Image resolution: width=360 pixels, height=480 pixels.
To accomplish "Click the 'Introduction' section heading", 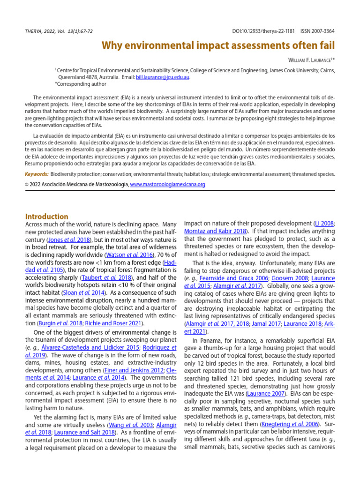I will click(x=46, y=217).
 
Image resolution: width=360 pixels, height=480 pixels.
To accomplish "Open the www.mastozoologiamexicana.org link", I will click(x=167, y=185).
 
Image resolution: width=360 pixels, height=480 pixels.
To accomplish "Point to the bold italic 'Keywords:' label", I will click(x=37, y=174).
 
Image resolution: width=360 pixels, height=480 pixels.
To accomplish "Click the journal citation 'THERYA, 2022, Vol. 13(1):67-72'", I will click(x=59, y=31).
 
